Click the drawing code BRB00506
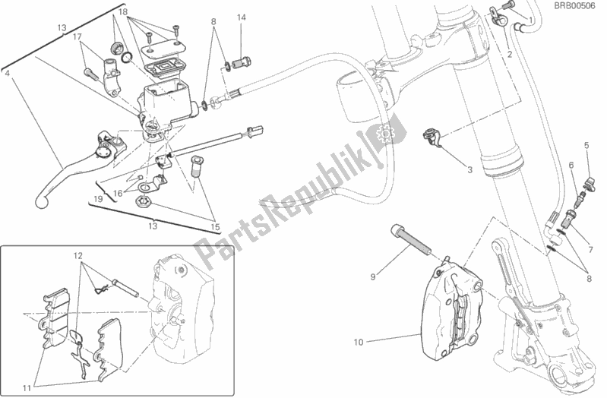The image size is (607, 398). pyautogui.click(x=571, y=8)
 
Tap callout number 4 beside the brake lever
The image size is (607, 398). pyautogui.click(x=6, y=74)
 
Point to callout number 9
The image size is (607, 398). pyautogui.click(x=373, y=276)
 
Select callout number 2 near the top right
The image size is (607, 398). pyautogui.click(x=509, y=55)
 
